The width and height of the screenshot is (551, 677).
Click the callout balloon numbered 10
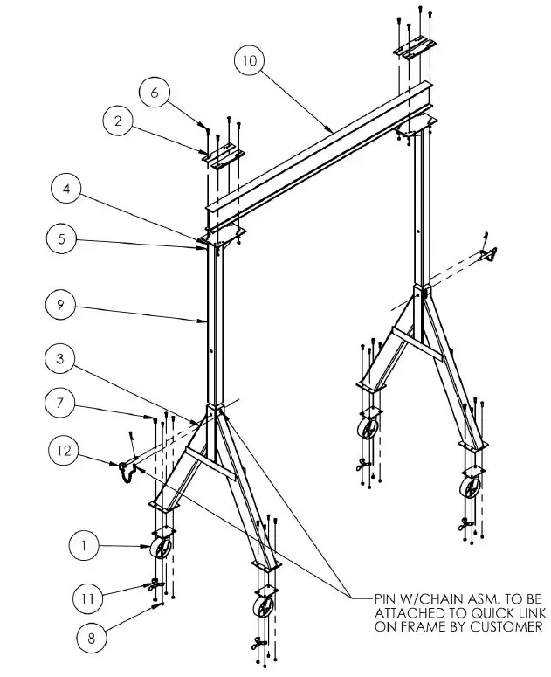(250, 60)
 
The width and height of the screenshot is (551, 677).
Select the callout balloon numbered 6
(154, 93)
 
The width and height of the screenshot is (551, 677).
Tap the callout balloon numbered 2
(118, 122)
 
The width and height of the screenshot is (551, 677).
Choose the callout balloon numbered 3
(59, 359)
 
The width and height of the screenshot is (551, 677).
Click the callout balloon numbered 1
(84, 547)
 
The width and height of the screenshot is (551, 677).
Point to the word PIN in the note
(385, 598)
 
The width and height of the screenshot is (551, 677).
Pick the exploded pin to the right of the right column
(491, 253)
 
